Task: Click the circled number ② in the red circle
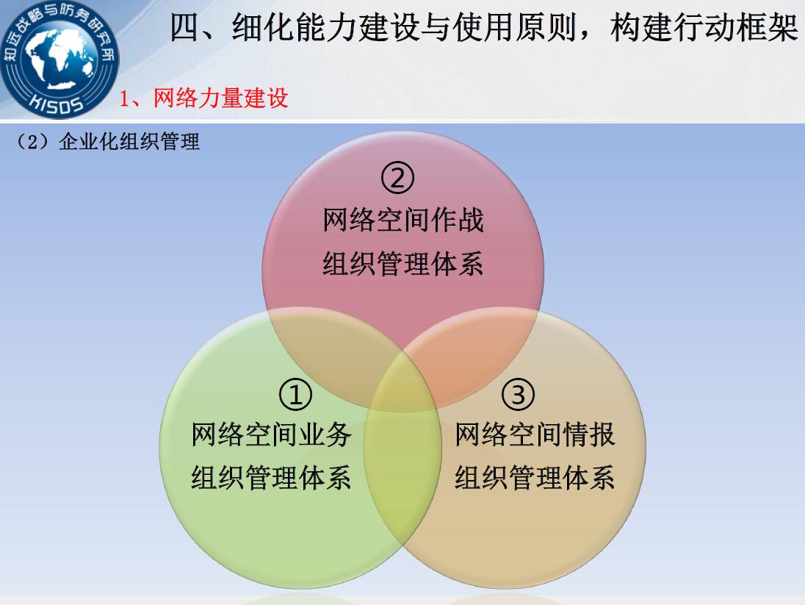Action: tap(397, 177)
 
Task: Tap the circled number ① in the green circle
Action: tap(295, 394)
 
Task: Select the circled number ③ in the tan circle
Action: tap(518, 394)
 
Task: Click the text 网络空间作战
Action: tap(403, 220)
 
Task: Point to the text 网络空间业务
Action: tap(271, 434)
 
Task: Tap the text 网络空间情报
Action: tap(535, 434)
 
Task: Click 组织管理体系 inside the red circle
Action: tap(403, 264)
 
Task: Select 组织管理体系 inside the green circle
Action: tap(271, 478)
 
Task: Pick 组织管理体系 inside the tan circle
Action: tap(535, 478)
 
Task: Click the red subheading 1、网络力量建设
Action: tap(203, 98)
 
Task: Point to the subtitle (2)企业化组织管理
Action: tap(107, 141)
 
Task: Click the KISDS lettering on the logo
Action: tap(57, 104)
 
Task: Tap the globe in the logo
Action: tap(59, 57)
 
